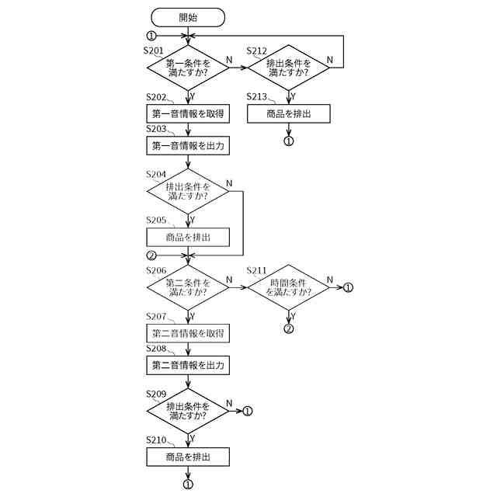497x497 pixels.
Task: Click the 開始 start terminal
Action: click(188, 16)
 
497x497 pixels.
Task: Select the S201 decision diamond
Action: click(188, 68)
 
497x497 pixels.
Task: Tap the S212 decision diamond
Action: click(288, 68)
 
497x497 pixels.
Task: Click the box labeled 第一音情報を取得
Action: click(188, 114)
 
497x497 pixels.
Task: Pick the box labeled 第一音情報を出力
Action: click(188, 145)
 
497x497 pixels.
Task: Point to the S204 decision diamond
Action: click(188, 191)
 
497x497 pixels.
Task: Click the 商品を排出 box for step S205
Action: click(188, 237)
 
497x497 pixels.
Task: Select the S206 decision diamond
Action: click(188, 287)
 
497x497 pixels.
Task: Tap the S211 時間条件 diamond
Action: click(288, 287)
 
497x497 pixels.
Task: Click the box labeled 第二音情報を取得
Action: click(188, 333)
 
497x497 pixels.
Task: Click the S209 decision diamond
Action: click(188, 411)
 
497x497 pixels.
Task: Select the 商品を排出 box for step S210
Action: click(188, 457)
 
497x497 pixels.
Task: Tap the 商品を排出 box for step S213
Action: click(288, 114)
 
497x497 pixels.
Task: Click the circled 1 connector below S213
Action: click(288, 141)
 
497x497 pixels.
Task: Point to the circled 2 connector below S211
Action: click(288, 328)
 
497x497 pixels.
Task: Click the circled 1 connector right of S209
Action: click(248, 411)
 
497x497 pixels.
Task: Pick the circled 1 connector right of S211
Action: click(347, 287)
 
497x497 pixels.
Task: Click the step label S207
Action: click(156, 316)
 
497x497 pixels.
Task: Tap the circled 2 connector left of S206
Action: click(151, 255)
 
